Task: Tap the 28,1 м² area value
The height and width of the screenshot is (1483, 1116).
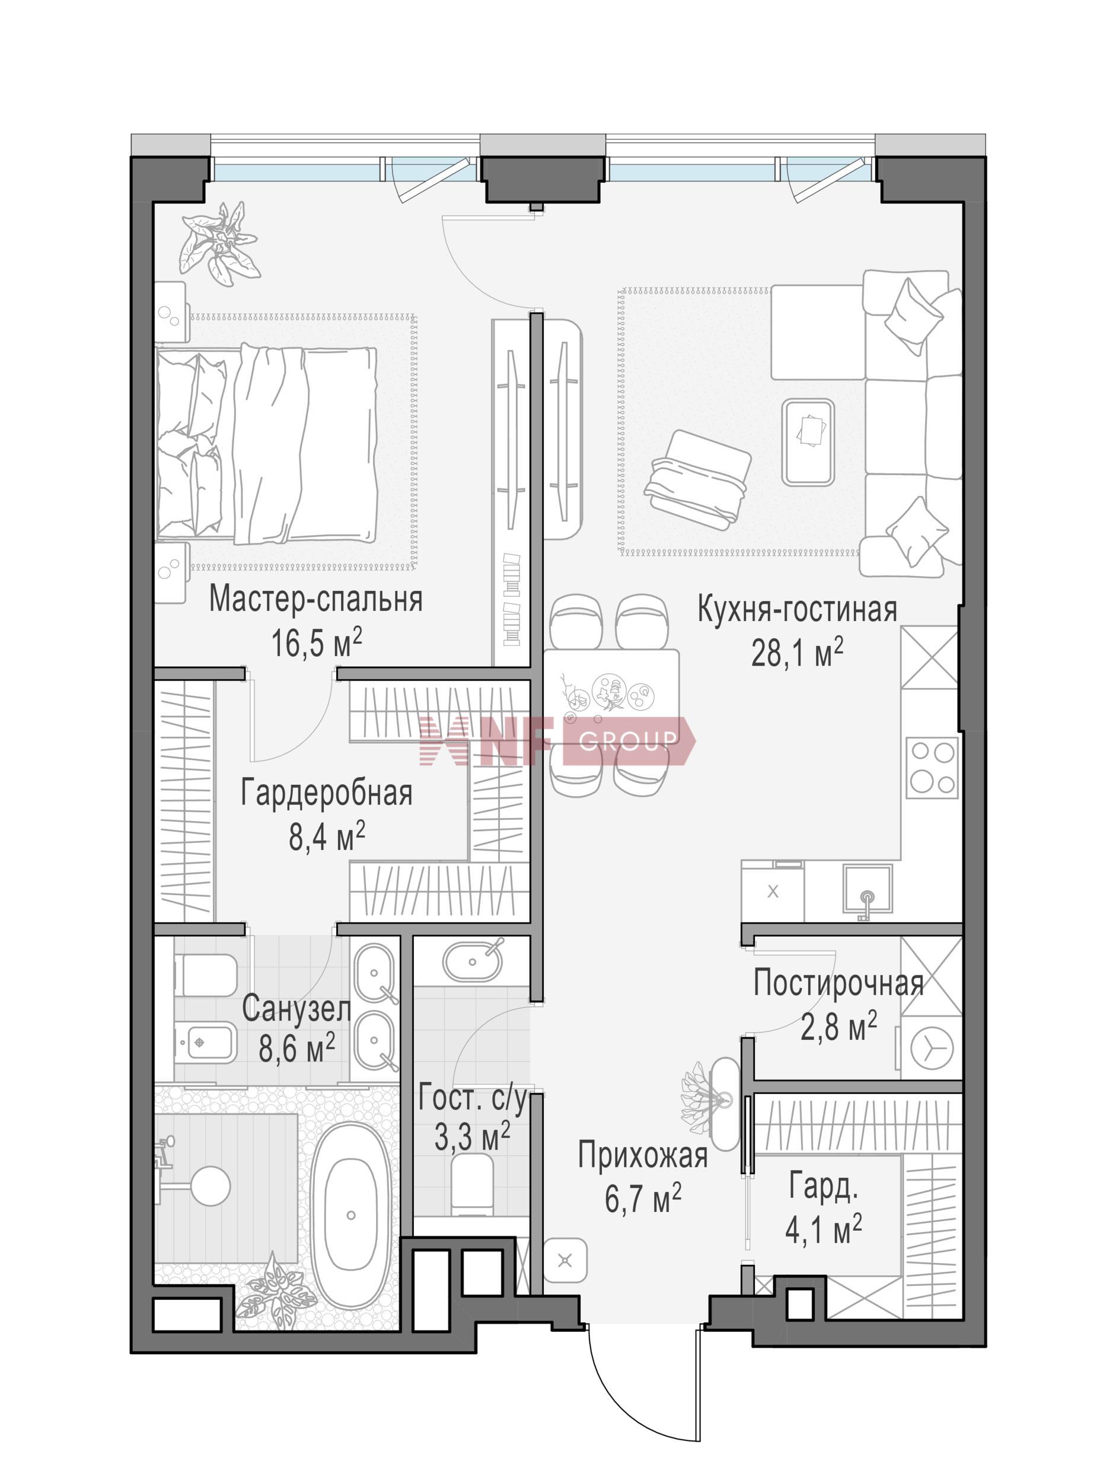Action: (797, 653)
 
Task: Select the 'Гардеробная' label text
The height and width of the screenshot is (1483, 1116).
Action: (326, 793)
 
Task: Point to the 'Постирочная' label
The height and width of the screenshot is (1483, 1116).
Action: (838, 984)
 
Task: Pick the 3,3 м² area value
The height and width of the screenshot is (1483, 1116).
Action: (473, 1137)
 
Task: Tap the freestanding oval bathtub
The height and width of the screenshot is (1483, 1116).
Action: (350, 1214)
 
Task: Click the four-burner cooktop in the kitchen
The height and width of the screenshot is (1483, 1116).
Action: (932, 768)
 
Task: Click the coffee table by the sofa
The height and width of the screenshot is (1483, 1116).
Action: (808, 442)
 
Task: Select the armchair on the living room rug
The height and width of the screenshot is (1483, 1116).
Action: (698, 479)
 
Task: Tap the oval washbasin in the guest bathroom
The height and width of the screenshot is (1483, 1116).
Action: (472, 961)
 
